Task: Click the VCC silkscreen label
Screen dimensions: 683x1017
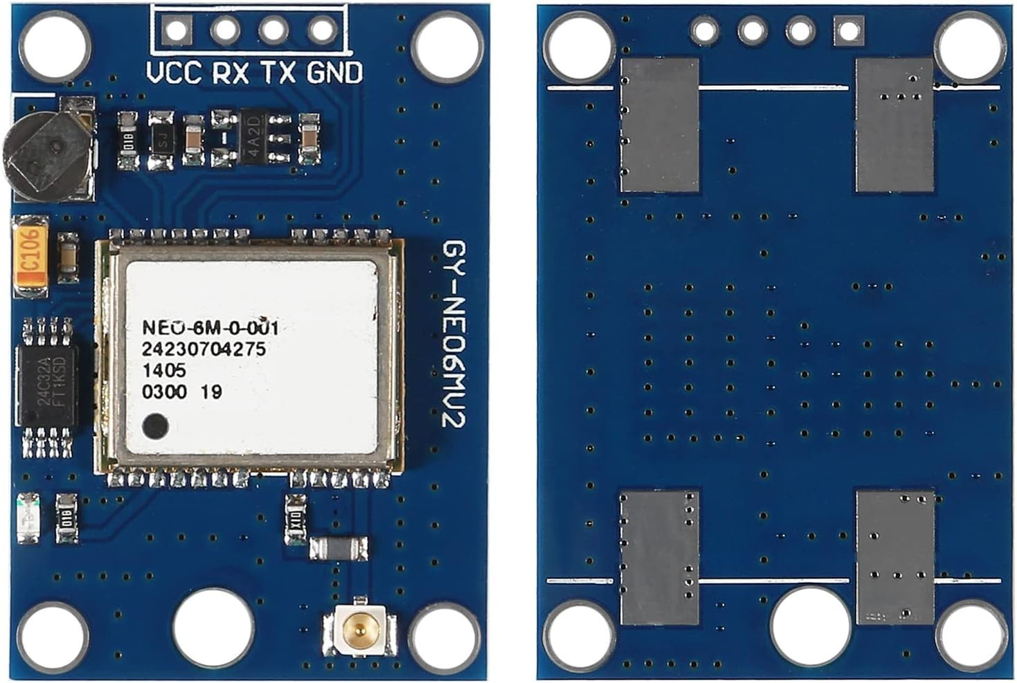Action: click(174, 73)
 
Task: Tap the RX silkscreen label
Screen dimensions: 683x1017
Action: click(230, 73)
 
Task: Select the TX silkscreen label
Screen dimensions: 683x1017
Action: click(279, 73)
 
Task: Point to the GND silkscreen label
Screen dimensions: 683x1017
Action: click(334, 73)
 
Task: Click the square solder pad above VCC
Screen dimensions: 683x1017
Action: click(176, 30)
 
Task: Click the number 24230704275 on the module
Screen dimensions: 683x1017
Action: click(204, 349)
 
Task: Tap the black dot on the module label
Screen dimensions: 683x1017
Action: click(155, 426)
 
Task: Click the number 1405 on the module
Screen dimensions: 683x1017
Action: click(163, 370)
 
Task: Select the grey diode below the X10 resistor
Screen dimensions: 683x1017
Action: click(338, 549)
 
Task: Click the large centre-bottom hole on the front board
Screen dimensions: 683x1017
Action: click(213, 619)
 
